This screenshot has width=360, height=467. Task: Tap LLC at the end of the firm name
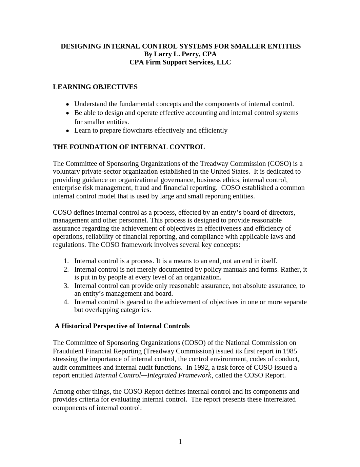(x=224, y=62)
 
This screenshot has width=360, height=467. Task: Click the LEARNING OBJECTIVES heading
(x=95, y=87)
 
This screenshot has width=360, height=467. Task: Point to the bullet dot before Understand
(x=68, y=104)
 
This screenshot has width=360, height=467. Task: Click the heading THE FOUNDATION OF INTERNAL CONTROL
(x=129, y=147)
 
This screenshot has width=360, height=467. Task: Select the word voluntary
(x=66, y=172)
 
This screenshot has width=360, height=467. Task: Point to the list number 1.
(x=66, y=261)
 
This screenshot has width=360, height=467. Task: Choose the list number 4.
(x=66, y=302)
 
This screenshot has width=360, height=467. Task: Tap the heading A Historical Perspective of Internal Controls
(x=122, y=326)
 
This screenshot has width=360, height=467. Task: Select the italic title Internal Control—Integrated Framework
(x=153, y=375)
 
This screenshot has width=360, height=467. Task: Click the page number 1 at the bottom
(x=180, y=442)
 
